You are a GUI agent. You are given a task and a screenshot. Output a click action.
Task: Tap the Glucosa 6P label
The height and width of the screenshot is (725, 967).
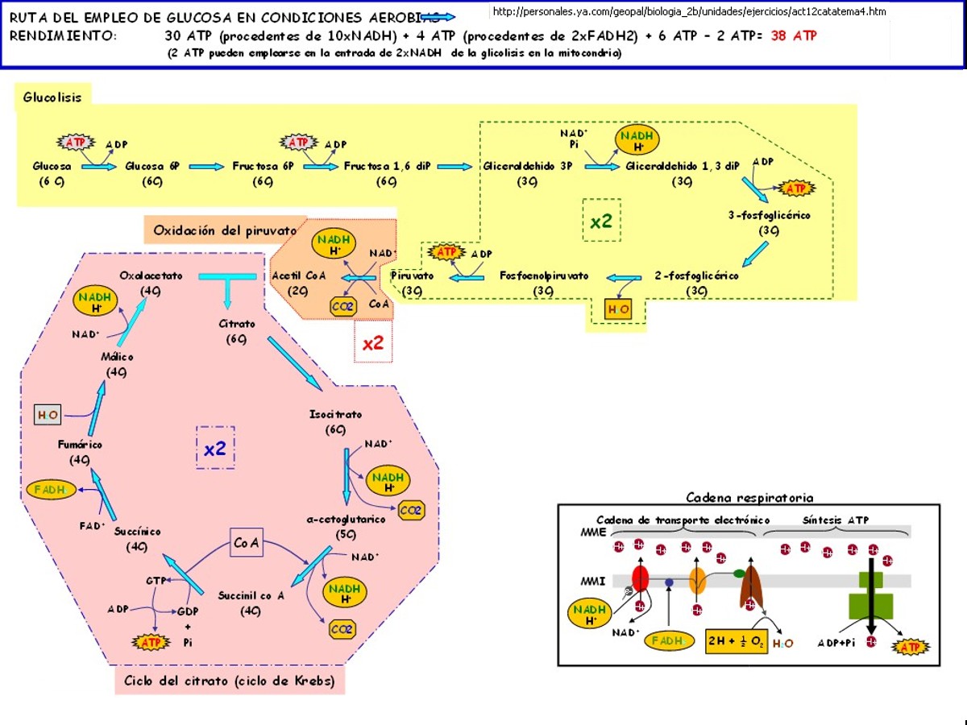(152, 167)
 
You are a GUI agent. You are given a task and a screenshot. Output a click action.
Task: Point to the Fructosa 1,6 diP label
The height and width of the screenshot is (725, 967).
(387, 167)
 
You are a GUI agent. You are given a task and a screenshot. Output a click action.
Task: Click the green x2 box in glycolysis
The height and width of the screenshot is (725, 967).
(601, 221)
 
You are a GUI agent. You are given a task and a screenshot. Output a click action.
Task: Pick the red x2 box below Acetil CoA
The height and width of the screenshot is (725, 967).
(372, 343)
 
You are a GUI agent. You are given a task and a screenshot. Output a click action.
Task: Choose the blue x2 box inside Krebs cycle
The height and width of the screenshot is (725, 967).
(215, 448)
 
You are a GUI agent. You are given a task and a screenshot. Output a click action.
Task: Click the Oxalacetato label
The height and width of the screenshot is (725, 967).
(151, 275)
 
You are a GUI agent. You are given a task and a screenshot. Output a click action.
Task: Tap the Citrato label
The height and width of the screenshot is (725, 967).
(237, 324)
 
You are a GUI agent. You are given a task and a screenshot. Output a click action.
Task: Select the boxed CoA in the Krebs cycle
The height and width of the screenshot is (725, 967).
(247, 544)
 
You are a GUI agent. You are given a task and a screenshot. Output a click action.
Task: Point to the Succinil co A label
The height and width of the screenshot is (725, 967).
(251, 595)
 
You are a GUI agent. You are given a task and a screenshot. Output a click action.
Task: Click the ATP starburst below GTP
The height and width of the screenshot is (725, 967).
(151, 642)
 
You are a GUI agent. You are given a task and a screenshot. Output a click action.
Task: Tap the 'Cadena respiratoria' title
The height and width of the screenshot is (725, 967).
(749, 498)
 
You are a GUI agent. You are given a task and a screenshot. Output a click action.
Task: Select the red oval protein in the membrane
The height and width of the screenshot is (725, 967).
(641, 578)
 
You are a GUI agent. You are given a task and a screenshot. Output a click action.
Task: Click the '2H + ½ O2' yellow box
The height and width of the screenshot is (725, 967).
(736, 641)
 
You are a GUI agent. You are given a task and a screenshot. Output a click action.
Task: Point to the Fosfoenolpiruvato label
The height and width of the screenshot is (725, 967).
(544, 275)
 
